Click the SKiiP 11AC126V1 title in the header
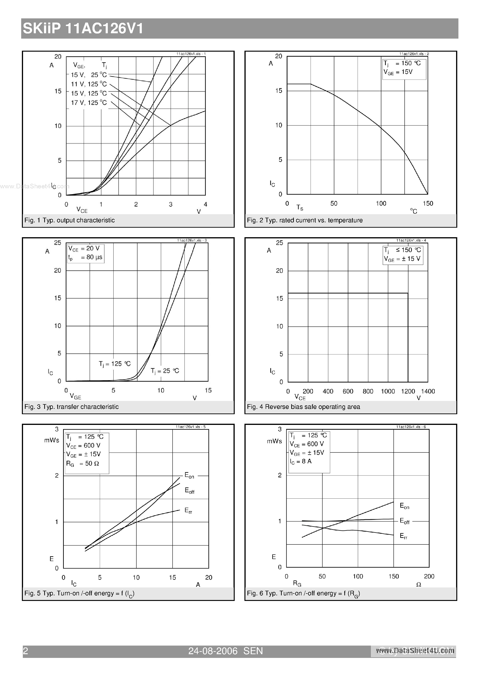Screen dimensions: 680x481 click(x=83, y=29)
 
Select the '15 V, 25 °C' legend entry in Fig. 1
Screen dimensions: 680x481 click(x=89, y=75)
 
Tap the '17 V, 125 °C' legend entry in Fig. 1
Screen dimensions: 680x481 click(x=89, y=103)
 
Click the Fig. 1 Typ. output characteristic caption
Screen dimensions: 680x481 click(x=69, y=220)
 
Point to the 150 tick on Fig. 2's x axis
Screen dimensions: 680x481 click(x=428, y=203)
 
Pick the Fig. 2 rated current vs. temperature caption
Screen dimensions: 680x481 click(x=305, y=220)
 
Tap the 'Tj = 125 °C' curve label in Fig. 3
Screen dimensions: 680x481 click(x=115, y=364)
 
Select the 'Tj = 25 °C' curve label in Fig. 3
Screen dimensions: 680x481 click(x=165, y=371)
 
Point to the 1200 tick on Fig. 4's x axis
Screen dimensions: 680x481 click(x=408, y=392)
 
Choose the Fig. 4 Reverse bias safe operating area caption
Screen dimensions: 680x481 click(x=303, y=407)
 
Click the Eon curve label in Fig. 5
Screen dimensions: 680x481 click(x=189, y=475)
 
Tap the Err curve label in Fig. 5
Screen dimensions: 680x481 click(x=188, y=510)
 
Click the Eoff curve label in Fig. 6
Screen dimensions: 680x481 click(x=404, y=521)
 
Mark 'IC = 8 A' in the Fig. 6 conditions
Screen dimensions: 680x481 click(x=301, y=461)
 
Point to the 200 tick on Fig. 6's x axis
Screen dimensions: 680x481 click(x=429, y=576)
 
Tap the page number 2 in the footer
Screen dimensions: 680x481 click(x=26, y=651)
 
